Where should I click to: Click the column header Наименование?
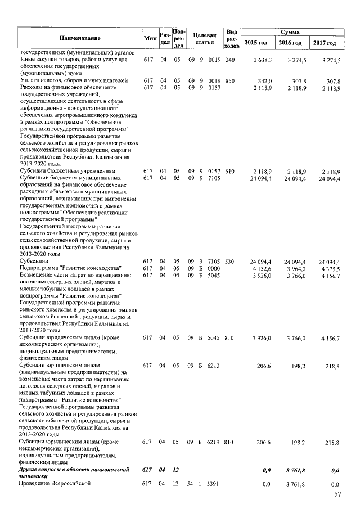79,38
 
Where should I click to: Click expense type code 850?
229,80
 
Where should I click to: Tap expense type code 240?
229,60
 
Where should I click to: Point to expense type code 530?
229,262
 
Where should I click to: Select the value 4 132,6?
262,268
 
